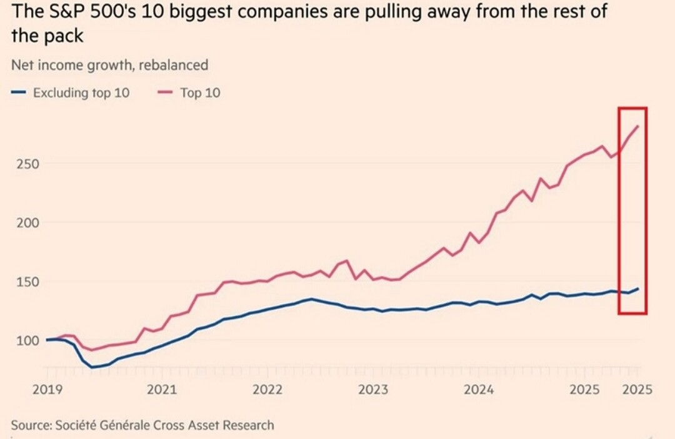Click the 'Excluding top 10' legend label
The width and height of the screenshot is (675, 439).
point(81,94)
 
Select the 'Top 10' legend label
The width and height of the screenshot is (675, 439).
point(200,94)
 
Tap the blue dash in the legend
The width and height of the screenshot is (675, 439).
point(18,94)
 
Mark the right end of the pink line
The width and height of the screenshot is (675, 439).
point(637,126)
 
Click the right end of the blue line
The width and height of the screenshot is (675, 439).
point(637,289)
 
